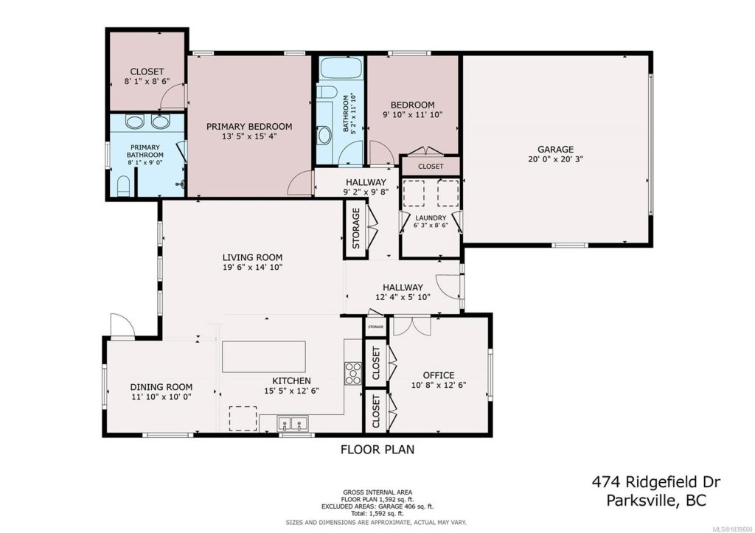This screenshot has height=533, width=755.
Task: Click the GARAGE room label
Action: (x=555, y=149)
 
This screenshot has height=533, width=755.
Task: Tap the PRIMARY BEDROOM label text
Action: (x=249, y=127)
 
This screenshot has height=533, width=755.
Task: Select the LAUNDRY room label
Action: (x=431, y=217)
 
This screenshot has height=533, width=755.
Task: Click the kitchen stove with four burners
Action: (x=353, y=373)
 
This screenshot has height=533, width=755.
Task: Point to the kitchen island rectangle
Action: (x=263, y=356)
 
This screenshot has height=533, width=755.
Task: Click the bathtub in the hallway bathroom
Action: (x=341, y=68)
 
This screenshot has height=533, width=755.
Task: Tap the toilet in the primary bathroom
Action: (x=124, y=187)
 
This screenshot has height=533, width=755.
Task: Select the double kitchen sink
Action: (x=293, y=424)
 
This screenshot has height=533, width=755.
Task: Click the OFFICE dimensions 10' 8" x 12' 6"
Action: (x=439, y=385)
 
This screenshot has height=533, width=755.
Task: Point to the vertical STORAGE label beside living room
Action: (x=356, y=229)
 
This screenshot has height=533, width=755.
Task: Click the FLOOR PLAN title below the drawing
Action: (x=377, y=450)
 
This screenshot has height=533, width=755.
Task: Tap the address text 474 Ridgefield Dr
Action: (x=655, y=481)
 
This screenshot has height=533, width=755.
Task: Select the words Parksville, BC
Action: (x=655, y=501)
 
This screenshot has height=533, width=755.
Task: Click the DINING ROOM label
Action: (x=161, y=386)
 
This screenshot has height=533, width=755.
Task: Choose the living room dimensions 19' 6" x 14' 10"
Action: (x=252, y=267)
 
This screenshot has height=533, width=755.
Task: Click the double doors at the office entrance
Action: (x=412, y=326)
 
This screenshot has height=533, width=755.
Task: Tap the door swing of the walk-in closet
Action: (x=172, y=97)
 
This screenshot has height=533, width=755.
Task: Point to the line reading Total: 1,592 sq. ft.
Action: (x=377, y=514)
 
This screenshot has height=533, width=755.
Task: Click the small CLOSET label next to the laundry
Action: (x=431, y=167)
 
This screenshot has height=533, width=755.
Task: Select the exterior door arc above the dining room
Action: (x=122, y=327)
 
